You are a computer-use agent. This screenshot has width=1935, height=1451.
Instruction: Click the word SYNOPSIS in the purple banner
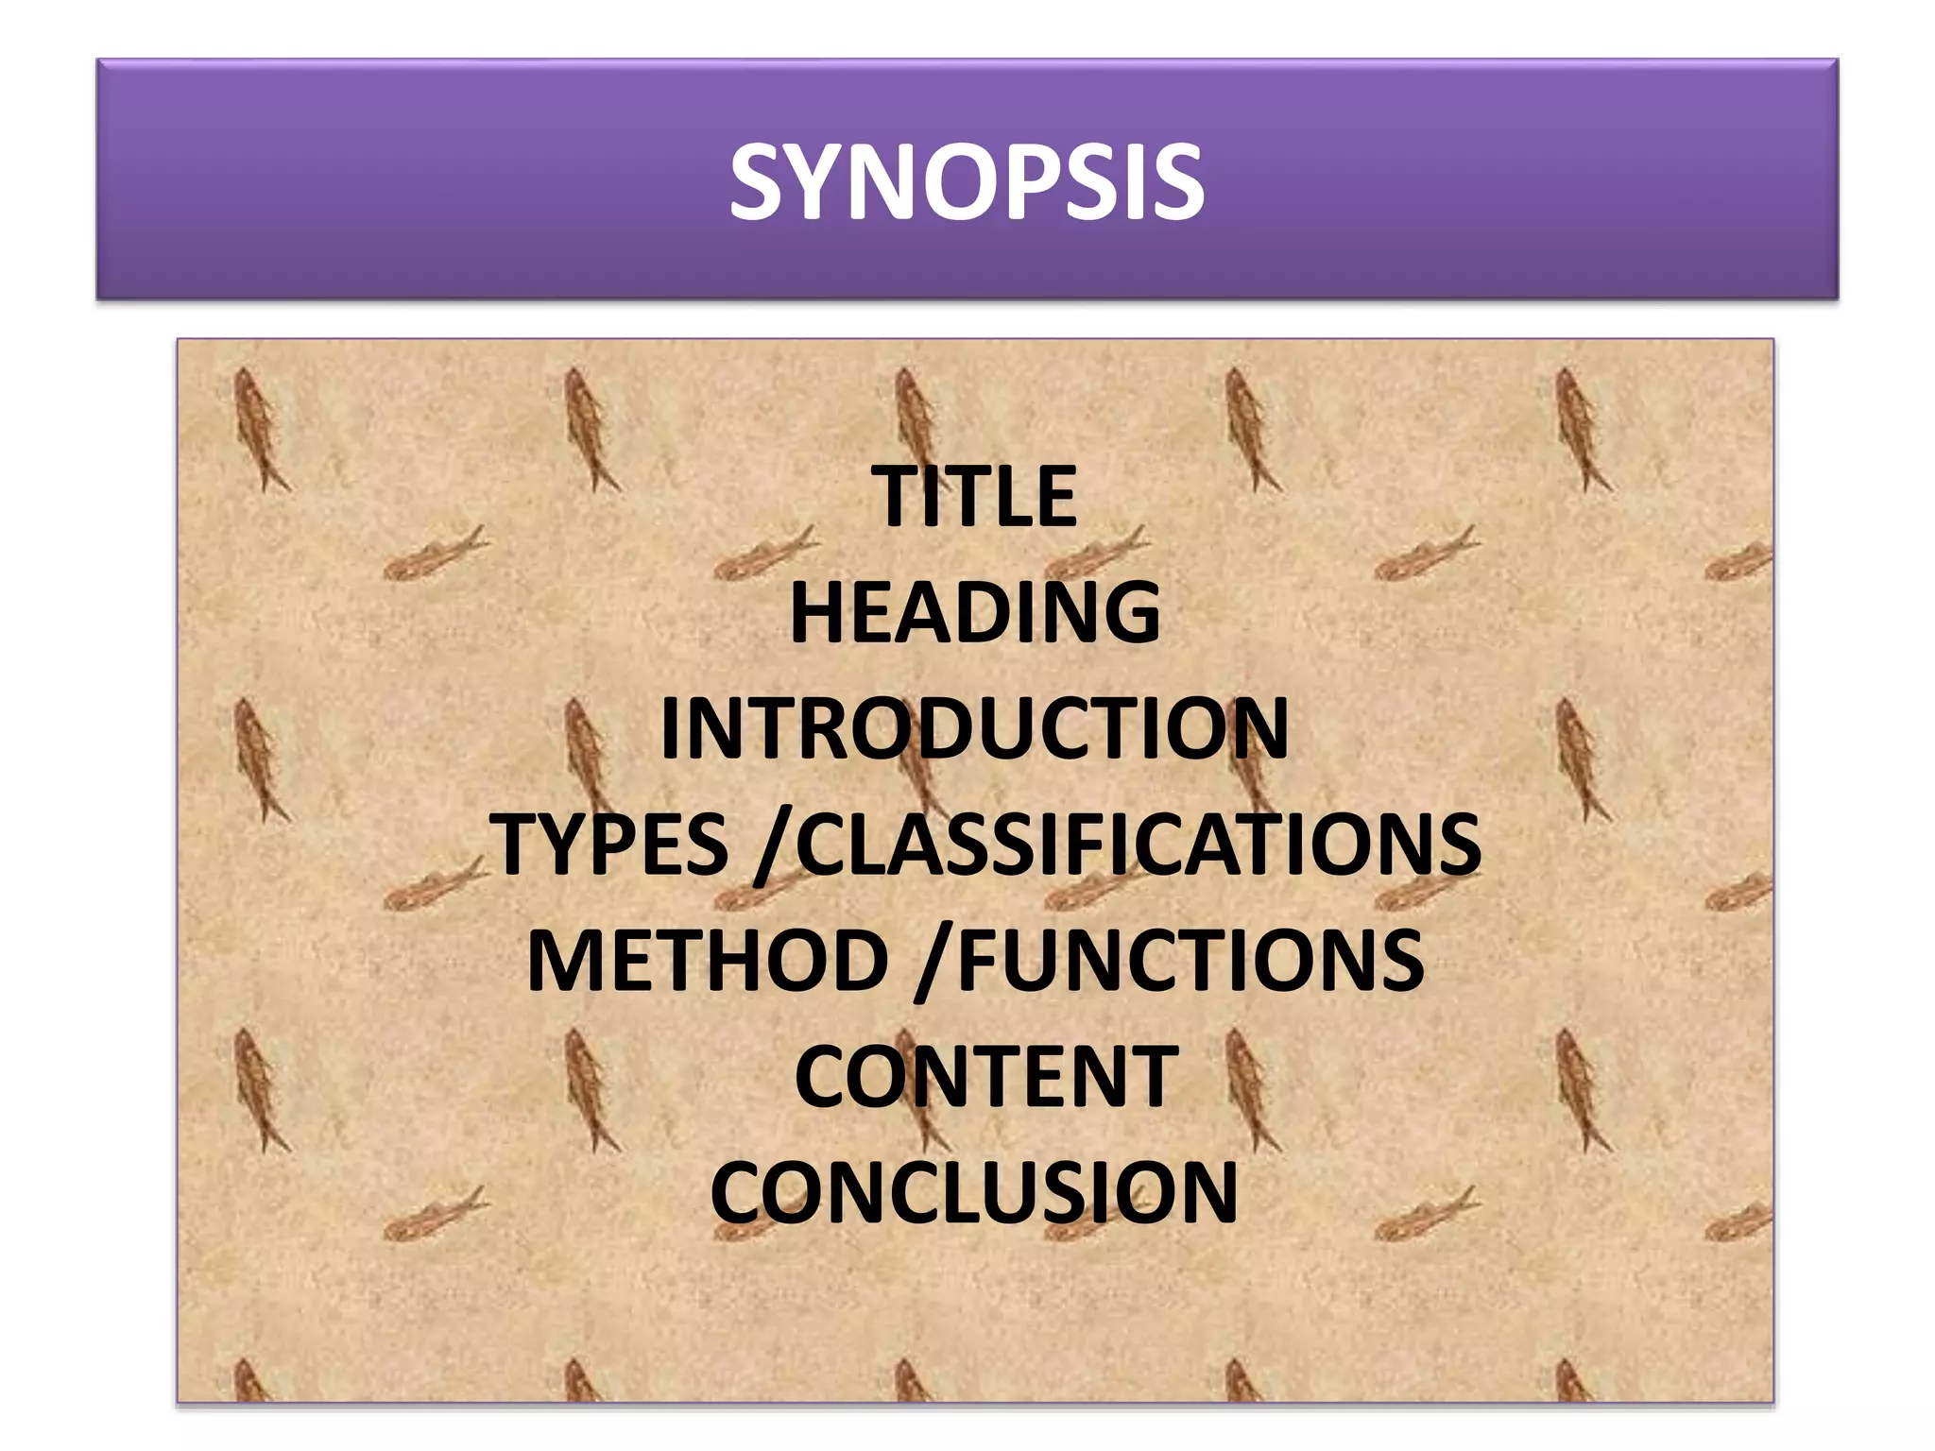(x=967, y=181)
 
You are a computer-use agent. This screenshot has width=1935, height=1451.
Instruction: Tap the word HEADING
(x=975, y=613)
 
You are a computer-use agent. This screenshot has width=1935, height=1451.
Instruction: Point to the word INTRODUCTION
(x=974, y=728)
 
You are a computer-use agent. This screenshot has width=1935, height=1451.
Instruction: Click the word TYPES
(x=610, y=844)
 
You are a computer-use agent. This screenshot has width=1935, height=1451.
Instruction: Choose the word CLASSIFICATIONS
(x=1139, y=844)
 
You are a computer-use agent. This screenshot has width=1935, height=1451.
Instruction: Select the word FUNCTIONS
(x=1190, y=960)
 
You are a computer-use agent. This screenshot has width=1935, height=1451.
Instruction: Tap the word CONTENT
(x=985, y=1076)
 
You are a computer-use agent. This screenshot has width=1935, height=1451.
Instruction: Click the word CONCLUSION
(x=974, y=1192)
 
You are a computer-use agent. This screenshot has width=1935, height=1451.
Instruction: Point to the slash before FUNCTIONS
(x=934, y=962)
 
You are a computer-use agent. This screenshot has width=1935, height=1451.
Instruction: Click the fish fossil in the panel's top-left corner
(x=259, y=430)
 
